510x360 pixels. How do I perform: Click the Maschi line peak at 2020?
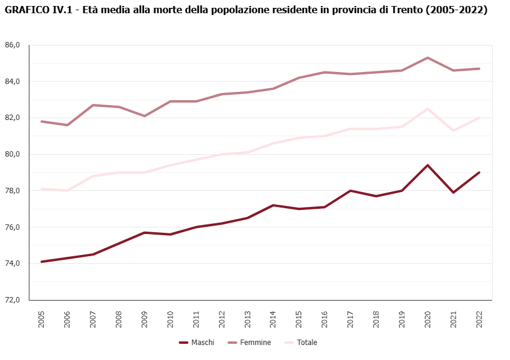pos(428,165)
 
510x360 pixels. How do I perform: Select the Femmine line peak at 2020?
pos(428,58)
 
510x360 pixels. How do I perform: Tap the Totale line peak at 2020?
pos(428,109)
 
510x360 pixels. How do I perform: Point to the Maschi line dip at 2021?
pos(454,192)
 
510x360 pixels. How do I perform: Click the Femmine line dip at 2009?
pos(145,116)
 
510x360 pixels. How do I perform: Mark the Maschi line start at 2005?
pos(41,262)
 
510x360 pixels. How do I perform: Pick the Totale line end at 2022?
pos(479,118)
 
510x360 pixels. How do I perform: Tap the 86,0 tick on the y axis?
pos(13,45)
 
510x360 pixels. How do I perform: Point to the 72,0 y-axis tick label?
pos(13,300)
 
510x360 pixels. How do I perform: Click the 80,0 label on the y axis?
pos(13,154)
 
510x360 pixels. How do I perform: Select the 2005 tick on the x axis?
pos(41,319)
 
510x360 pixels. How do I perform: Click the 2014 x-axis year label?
pos(273,319)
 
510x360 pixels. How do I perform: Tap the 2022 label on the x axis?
pos(479,319)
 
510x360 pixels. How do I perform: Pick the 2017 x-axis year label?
pos(350,319)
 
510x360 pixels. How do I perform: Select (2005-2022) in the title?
pos(455,10)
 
